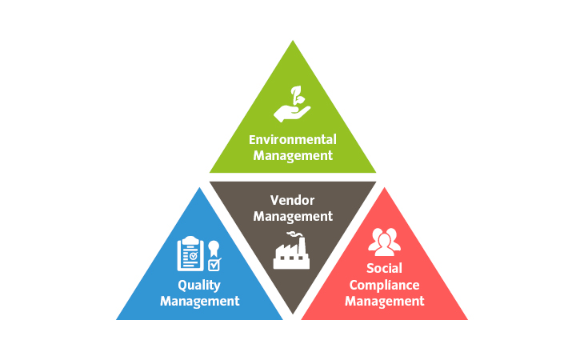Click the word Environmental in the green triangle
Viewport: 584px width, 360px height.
292,139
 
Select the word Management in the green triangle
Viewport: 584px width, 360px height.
292,154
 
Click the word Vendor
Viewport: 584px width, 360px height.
291,200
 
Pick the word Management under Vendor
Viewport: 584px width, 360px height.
291,216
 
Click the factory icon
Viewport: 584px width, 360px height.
291,251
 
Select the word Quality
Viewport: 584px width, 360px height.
200,286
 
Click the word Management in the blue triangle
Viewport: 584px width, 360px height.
200,302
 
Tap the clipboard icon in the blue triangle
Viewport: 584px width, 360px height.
190,254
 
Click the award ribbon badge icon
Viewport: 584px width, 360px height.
214,246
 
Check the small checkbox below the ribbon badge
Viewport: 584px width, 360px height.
214,263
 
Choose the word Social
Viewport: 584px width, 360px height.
384,268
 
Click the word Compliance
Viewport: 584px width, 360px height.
384,285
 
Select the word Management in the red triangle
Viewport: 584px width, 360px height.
384,302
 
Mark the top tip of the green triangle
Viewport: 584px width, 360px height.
293,42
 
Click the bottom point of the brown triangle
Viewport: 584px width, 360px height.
293,313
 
